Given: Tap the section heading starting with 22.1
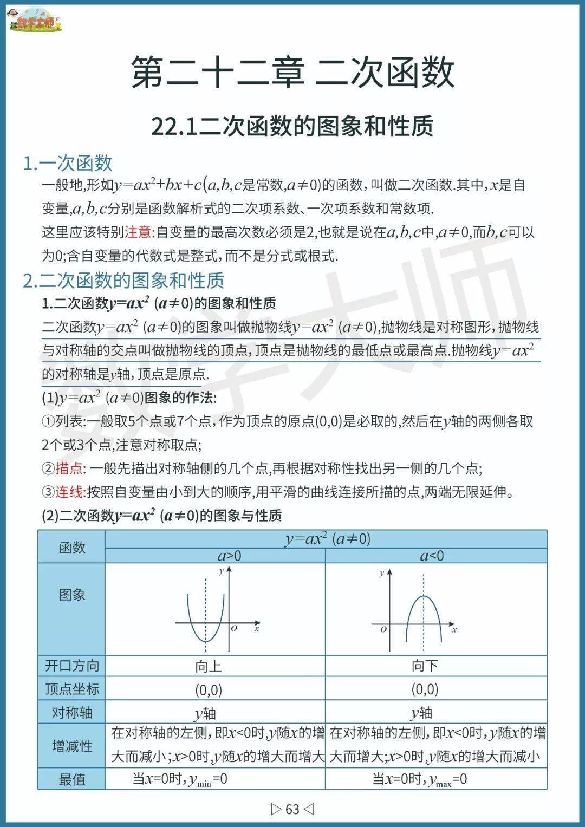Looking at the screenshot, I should point(292,126).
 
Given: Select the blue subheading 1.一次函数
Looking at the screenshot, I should point(68,162).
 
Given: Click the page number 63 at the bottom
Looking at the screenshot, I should point(292,809).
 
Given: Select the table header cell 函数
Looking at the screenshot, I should point(71,547).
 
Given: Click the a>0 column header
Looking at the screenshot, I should point(230,556).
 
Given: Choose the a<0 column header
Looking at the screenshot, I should point(432,556).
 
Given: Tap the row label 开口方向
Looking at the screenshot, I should point(71,666).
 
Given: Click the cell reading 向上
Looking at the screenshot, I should point(209,666).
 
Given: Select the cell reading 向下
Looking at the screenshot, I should point(425,666).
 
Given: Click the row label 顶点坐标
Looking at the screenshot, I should point(71,689).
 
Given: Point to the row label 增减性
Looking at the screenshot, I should point(71,746).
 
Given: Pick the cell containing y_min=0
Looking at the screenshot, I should point(180,779).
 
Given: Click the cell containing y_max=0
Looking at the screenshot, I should point(420,779).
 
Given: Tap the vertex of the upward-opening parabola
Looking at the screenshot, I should point(206,641).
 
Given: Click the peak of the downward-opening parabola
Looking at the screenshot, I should point(423,596).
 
